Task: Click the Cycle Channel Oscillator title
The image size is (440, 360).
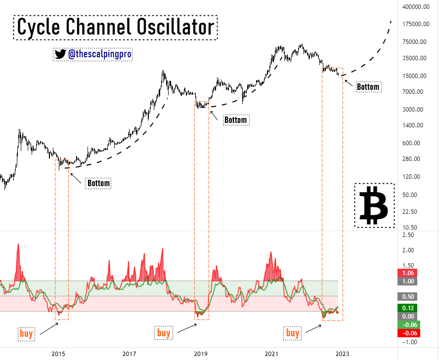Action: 115,27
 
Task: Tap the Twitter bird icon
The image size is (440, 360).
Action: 60,54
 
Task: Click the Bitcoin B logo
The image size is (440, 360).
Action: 374,205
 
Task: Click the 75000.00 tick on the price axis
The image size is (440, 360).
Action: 414,42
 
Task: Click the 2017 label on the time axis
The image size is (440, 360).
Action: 129,354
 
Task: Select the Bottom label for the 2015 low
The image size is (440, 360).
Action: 98,184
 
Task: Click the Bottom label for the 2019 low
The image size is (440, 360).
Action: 236,120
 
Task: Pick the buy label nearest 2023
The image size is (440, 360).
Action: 293,333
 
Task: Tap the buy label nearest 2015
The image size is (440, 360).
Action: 26,333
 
